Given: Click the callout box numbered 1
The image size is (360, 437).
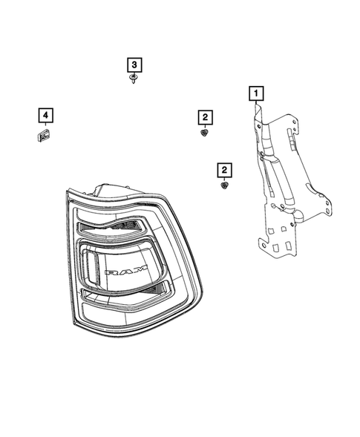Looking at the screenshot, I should pos(255,93).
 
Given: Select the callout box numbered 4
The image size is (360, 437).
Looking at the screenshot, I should pos(45,115).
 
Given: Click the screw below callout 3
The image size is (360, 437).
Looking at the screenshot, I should pos(133,79).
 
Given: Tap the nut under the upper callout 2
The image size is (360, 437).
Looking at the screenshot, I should pos(204,133).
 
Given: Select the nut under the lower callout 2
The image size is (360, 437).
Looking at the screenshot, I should pos(223,186).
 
